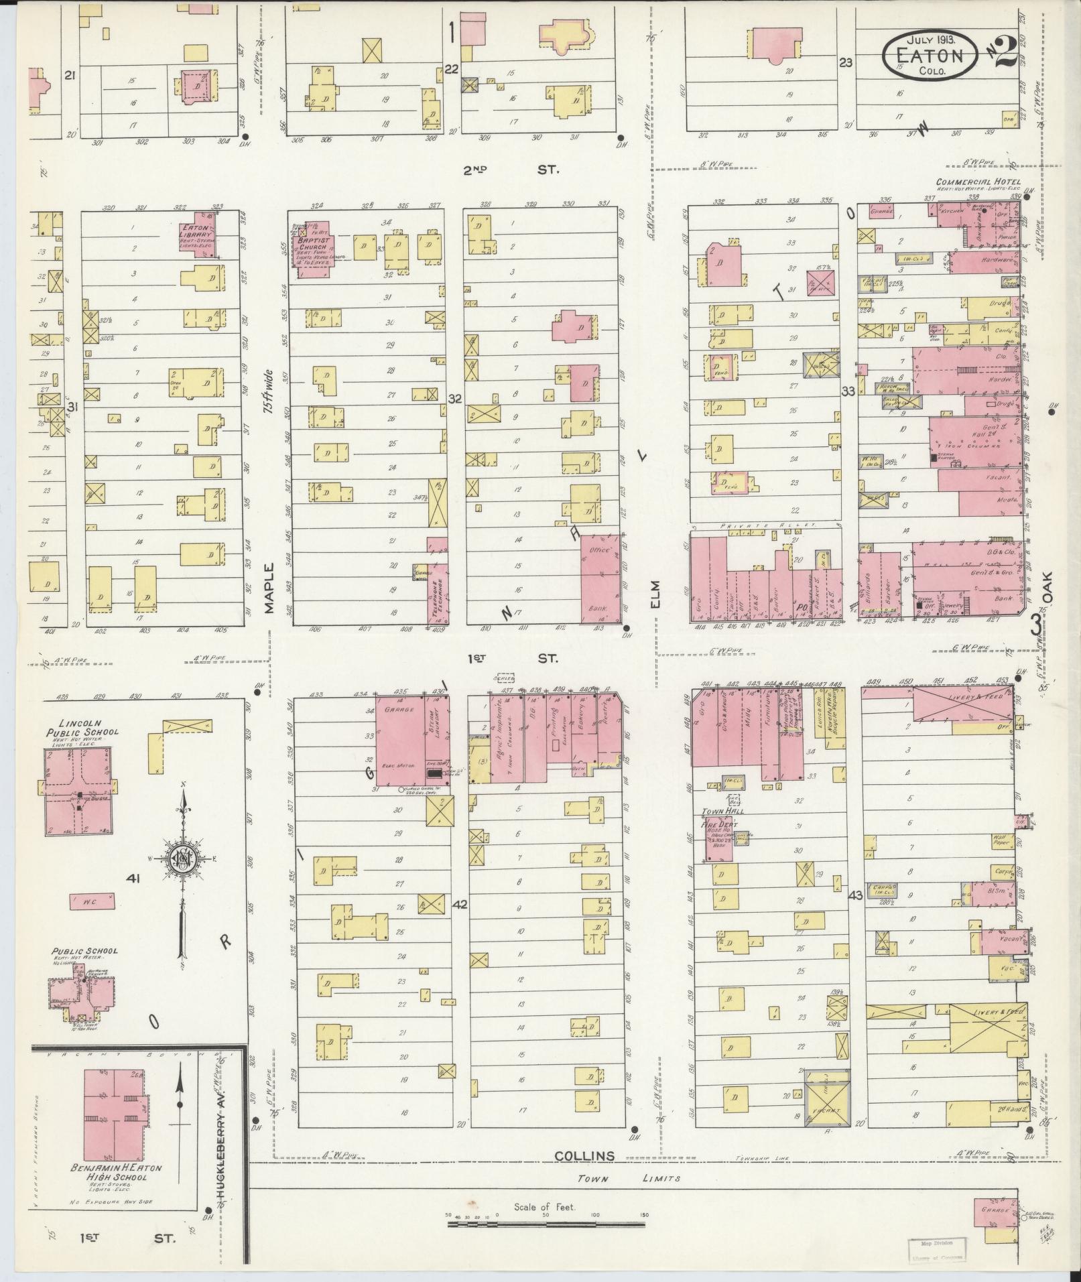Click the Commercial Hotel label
(x=978, y=182)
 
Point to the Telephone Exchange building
(x=438, y=590)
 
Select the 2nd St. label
(x=509, y=170)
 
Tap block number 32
(x=456, y=399)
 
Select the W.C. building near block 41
(x=92, y=901)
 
